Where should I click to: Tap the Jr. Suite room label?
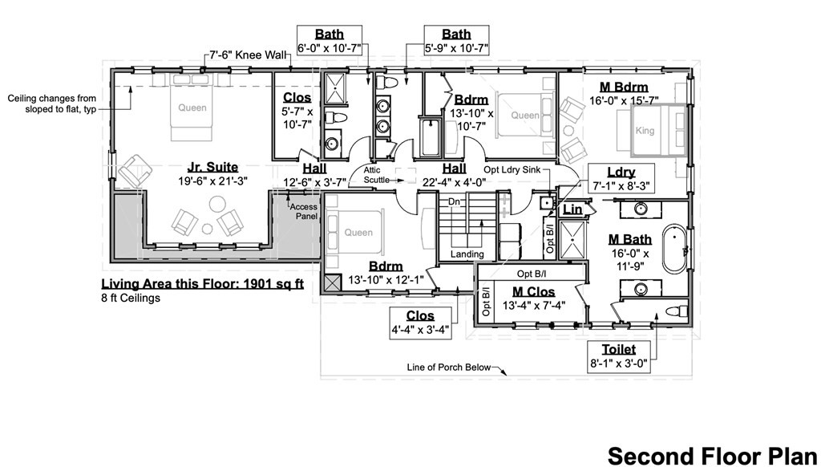click(212, 167)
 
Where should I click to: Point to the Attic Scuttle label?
click(377, 175)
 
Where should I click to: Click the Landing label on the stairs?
click(467, 254)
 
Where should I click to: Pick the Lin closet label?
click(572, 209)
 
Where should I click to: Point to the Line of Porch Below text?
click(448, 368)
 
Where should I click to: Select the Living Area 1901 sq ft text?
click(201, 284)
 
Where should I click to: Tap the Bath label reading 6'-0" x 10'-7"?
click(330, 41)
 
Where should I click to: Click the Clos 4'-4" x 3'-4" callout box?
click(420, 323)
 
